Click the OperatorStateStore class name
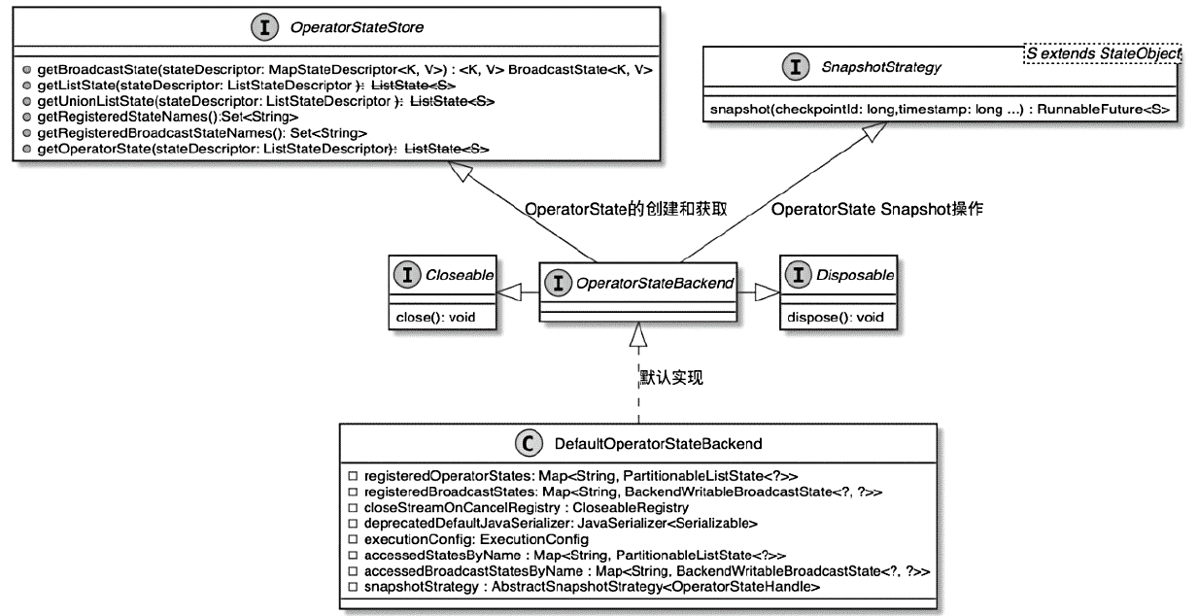click(342, 29)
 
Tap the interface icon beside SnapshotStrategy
click(796, 66)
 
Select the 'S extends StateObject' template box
click(1102, 55)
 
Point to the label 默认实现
click(670, 378)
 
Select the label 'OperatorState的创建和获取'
click(626, 209)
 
